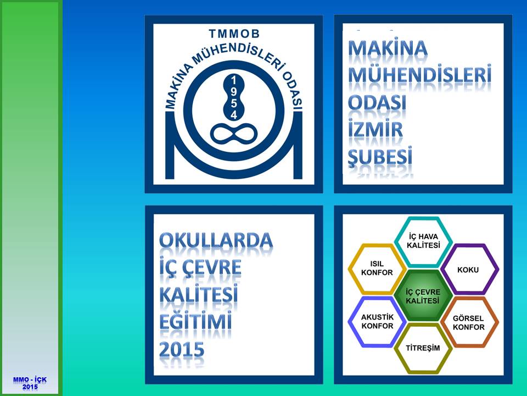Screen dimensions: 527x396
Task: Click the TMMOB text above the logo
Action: pyautogui.click(x=234, y=34)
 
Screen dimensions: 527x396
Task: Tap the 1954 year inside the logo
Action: pyautogui.click(x=234, y=97)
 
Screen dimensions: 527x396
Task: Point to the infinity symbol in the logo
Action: pyautogui.click(x=234, y=133)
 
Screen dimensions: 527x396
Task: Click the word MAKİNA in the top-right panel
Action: pyautogui.click(x=388, y=48)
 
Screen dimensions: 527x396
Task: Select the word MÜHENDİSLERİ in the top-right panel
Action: pyautogui.click(x=419, y=74)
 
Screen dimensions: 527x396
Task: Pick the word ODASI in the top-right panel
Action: pyautogui.click(x=377, y=102)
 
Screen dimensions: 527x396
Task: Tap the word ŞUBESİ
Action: pyautogui.click(x=380, y=156)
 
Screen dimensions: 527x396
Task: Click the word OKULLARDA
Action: pyautogui.click(x=216, y=240)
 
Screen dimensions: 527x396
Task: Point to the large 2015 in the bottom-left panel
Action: pyautogui.click(x=182, y=349)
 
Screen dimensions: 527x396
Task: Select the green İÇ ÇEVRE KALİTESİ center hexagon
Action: pyautogui.click(x=423, y=296)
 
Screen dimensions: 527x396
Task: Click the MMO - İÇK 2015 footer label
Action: pyautogui.click(x=30, y=383)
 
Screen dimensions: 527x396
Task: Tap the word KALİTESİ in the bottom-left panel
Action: pyautogui.click(x=198, y=294)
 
